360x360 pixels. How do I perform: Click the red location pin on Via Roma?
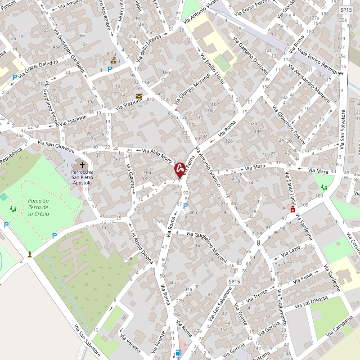[x=180, y=169]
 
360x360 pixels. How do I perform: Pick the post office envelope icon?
[x=139, y=96]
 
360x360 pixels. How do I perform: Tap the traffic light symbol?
[x=258, y=243]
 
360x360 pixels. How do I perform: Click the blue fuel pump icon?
[x=179, y=352]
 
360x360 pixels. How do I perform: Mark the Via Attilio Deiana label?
[x=141, y=246]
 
